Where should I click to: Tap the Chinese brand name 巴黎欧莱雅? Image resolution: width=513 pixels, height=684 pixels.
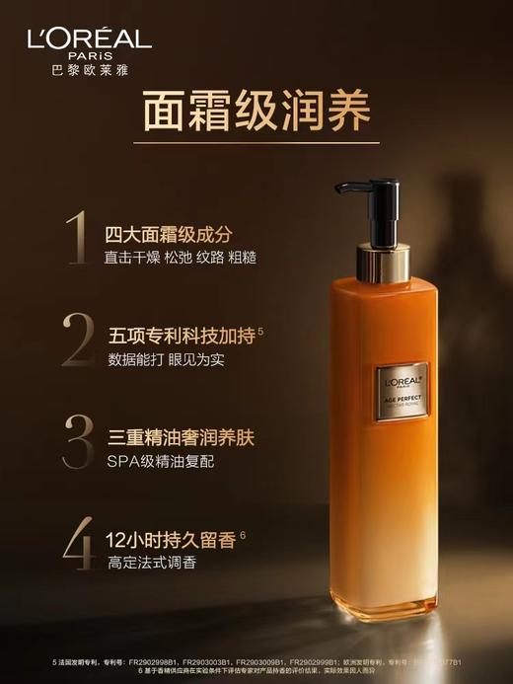(89, 70)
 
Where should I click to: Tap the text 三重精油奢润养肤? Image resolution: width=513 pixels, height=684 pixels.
(180, 435)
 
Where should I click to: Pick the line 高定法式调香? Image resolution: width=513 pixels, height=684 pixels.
(150, 564)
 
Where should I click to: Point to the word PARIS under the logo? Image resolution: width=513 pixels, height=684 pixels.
(89, 56)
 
